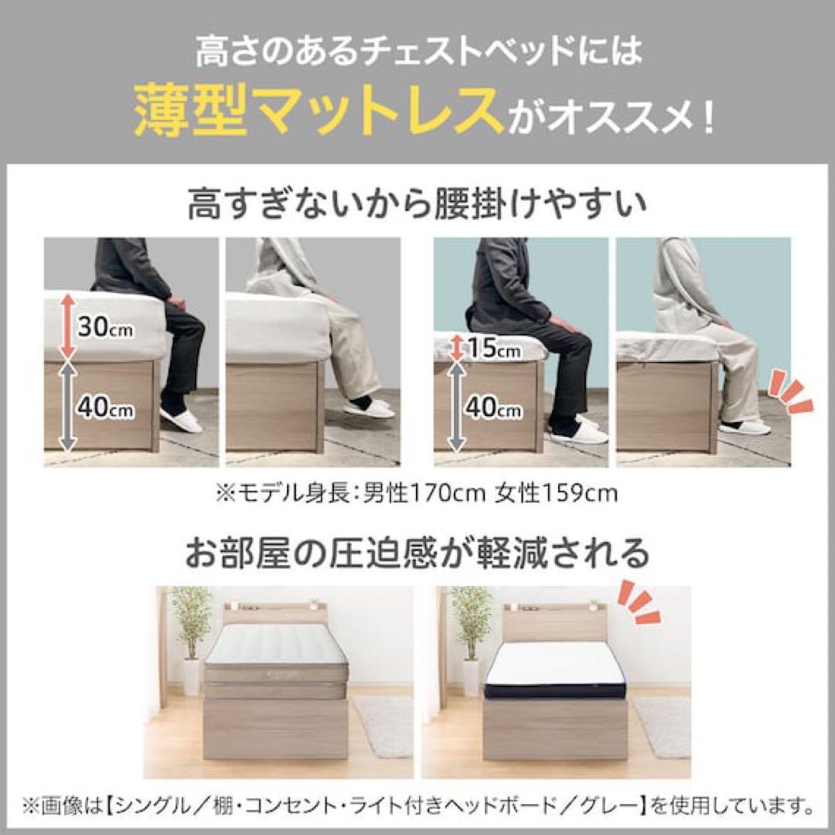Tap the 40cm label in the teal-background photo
tap(495, 408)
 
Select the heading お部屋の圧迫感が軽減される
tap(417, 553)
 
